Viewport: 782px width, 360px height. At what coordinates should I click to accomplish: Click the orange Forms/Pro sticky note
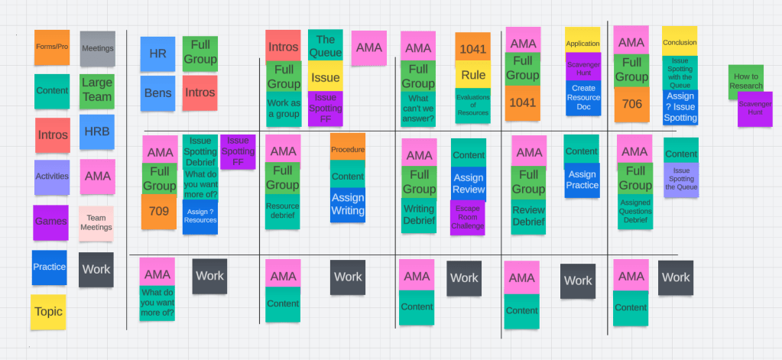(x=52, y=47)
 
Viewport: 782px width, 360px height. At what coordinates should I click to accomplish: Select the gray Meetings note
(x=97, y=49)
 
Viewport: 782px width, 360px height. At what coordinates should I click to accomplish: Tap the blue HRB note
(x=96, y=132)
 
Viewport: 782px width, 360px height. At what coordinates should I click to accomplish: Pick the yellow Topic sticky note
(x=49, y=312)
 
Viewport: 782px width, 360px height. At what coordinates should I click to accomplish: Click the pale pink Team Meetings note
(x=96, y=223)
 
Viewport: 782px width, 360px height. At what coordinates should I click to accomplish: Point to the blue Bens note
(x=157, y=93)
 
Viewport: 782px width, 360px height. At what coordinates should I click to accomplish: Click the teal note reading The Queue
(x=325, y=46)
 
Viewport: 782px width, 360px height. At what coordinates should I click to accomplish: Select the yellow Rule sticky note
(x=473, y=75)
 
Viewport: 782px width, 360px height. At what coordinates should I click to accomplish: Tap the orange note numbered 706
(x=631, y=105)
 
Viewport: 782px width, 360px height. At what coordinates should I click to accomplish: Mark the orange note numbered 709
(x=159, y=211)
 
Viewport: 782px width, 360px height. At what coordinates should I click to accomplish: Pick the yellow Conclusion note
(x=679, y=42)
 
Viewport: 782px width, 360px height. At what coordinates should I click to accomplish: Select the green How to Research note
(x=745, y=81)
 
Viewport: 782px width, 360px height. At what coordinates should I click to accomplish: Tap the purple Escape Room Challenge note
(x=467, y=217)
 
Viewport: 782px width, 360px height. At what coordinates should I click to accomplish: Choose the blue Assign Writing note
(x=348, y=204)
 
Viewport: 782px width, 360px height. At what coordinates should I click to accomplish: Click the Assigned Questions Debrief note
(x=634, y=210)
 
